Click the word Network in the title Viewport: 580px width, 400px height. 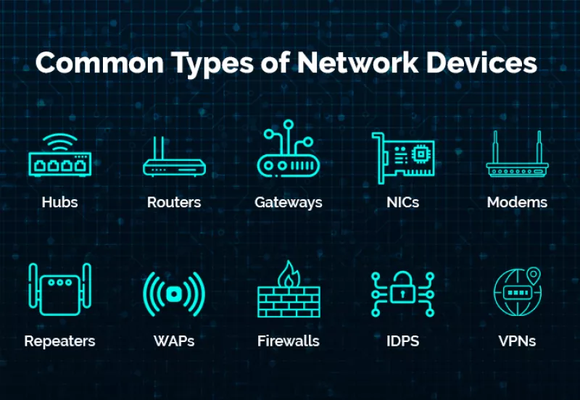(357, 62)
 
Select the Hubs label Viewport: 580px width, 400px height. (59, 202)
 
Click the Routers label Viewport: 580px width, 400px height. (174, 202)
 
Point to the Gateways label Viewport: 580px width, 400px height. (288, 203)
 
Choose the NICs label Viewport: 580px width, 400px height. (402, 202)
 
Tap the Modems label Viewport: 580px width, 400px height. (517, 202)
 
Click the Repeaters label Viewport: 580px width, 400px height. (59, 341)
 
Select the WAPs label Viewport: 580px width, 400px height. (174, 341)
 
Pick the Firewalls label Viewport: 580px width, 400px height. (288, 341)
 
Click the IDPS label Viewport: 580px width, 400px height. (402, 341)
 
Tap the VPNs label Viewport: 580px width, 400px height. (517, 341)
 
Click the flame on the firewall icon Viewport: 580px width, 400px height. (289, 275)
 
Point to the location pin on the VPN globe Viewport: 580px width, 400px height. (534, 275)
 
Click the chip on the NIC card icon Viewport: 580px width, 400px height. (420, 154)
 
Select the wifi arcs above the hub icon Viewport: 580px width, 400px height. (60, 142)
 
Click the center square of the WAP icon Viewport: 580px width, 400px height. (173, 294)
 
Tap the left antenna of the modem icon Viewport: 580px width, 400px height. (495, 147)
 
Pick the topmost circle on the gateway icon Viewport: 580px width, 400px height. (289, 124)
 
